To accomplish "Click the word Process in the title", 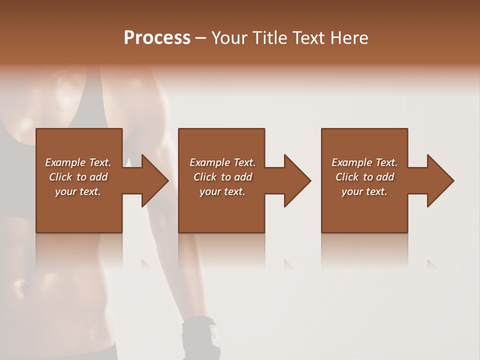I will (x=157, y=38).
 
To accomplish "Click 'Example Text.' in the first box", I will (x=78, y=162).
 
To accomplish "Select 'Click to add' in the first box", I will (x=78, y=177).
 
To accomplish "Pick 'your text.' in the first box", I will (x=78, y=191).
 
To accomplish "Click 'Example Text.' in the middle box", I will (x=222, y=162).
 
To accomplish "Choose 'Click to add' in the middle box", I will (x=222, y=177).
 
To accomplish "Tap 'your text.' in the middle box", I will (x=222, y=191).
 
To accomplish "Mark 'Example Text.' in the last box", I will (x=364, y=162).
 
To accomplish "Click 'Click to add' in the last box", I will (x=364, y=177).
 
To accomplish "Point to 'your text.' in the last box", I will (x=364, y=191).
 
